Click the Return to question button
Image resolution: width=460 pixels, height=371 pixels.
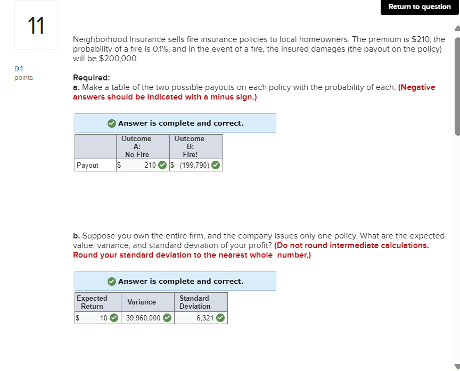click(x=420, y=7)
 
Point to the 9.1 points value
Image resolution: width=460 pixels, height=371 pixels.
click(x=23, y=73)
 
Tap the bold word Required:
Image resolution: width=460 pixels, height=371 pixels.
click(x=92, y=77)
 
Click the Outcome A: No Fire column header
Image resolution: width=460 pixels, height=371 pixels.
click(x=137, y=146)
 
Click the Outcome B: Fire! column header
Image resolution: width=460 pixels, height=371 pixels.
click(x=190, y=146)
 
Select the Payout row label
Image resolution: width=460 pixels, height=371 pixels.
click(x=88, y=165)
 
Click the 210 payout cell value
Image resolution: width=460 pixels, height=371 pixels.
click(x=150, y=165)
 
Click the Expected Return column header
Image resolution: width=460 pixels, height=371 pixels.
click(x=92, y=302)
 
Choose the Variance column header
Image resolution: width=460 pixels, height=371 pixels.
click(x=142, y=302)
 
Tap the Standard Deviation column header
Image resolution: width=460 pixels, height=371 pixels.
click(x=194, y=302)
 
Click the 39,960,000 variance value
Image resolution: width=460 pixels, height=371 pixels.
click(x=143, y=318)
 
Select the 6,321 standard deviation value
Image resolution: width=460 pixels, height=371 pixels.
click(x=204, y=318)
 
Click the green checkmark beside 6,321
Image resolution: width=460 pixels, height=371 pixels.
click(x=220, y=318)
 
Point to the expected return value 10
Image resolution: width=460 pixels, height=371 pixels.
click(x=103, y=318)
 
